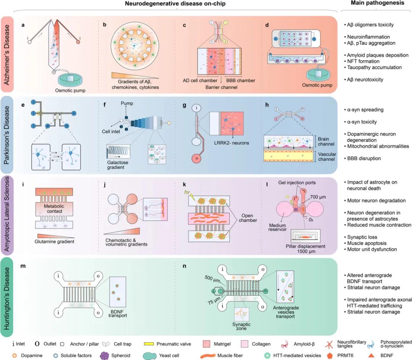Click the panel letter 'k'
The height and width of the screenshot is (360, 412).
tap(184, 184)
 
